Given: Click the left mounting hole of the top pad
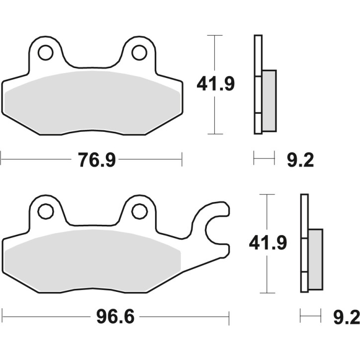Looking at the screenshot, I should click(x=45, y=52).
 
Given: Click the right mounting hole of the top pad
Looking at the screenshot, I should click(x=139, y=52).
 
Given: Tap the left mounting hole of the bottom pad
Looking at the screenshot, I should click(x=45, y=211).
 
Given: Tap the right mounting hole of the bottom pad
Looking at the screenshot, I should click(x=139, y=211).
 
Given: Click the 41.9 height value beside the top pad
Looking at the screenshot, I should click(x=215, y=85).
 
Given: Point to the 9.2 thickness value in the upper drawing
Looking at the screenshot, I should click(x=300, y=160).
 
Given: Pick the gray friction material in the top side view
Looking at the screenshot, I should click(x=269, y=100).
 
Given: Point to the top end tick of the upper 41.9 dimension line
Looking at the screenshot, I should click(x=214, y=36).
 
